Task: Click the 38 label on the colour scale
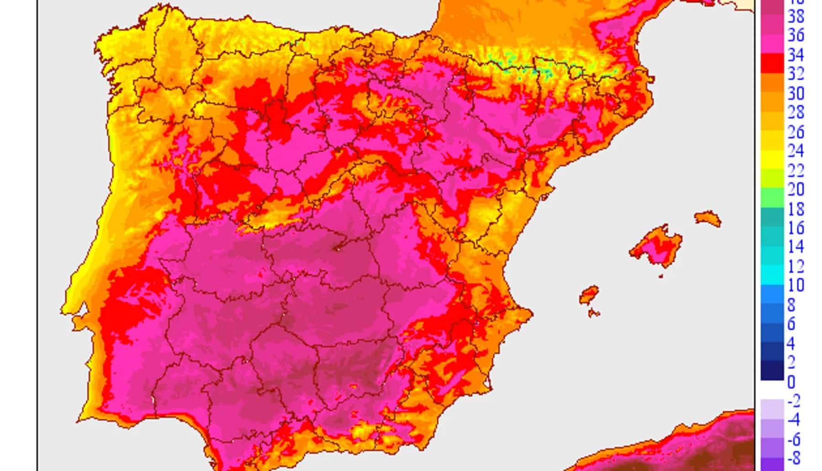tap(796, 16)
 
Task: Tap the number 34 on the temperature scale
tap(796, 55)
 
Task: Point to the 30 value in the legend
tap(796, 93)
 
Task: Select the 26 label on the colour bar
tap(796, 132)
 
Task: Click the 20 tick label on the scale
tap(796, 189)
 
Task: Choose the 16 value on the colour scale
tap(796, 228)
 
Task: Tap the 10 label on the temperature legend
tap(796, 285)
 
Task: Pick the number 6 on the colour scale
tap(791, 324)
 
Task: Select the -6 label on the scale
tap(794, 439)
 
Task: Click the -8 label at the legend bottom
tap(794, 458)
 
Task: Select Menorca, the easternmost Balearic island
tap(708, 218)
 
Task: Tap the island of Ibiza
tap(589, 295)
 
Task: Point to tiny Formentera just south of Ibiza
tap(594, 313)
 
